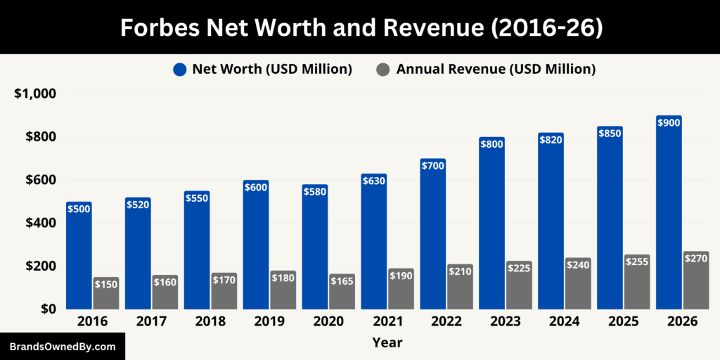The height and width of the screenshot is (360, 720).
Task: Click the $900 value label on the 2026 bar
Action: [669, 123]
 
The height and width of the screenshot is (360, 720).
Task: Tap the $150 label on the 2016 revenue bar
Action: [105, 284]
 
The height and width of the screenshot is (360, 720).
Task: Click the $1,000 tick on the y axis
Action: [35, 94]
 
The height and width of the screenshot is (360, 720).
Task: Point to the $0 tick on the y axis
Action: [46, 309]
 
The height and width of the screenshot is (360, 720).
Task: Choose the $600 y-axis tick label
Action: [39, 180]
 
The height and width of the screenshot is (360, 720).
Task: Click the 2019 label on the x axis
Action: [269, 321]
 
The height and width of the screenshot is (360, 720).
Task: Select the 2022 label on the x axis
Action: [446, 321]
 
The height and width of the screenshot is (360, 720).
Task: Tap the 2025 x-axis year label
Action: [623, 321]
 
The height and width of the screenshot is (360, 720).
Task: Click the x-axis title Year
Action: [387, 343]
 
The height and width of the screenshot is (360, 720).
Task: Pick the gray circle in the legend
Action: [382, 70]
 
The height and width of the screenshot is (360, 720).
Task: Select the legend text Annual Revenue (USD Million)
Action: [496, 69]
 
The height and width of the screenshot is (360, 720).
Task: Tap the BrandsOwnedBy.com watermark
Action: [63, 347]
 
